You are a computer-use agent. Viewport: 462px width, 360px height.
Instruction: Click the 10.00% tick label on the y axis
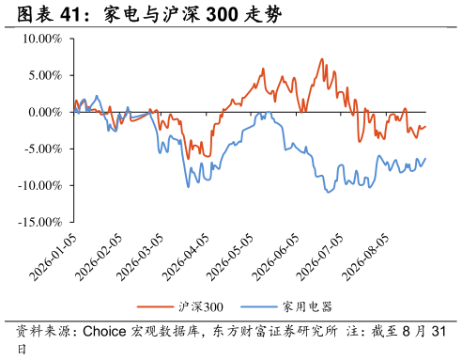click(42, 39)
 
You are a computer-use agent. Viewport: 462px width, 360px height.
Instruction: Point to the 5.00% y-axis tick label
click(45, 75)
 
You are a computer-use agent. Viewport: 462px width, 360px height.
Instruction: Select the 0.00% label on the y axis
click(45, 112)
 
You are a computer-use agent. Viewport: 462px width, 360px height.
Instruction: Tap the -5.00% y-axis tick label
click(43, 149)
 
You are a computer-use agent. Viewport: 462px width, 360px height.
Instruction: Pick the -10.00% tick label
click(40, 185)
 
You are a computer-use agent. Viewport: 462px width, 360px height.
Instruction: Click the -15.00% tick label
click(40, 222)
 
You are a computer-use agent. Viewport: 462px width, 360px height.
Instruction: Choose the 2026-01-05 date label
click(53, 258)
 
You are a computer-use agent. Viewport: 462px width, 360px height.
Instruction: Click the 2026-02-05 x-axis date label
click(99, 258)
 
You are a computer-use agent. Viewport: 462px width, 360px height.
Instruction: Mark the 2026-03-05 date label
click(140, 258)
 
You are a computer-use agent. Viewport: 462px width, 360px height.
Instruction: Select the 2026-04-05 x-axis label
click(186, 258)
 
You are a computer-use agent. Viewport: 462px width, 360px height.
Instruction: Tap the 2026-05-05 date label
click(230, 258)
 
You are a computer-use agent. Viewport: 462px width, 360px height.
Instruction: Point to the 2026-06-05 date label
click(275, 258)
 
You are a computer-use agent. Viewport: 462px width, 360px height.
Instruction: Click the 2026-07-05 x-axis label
click(319, 258)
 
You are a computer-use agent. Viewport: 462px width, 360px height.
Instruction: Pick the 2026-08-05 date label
click(365, 258)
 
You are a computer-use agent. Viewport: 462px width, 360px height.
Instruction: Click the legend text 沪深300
click(201, 306)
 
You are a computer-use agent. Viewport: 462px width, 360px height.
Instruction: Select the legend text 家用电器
click(307, 306)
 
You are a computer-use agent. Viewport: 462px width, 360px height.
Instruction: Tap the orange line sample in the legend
click(155, 306)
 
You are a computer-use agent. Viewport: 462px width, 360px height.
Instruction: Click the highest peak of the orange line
click(321, 59)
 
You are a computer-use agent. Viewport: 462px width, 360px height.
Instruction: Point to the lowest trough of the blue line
click(328, 192)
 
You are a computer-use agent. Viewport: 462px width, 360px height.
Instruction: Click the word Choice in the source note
click(104, 332)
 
